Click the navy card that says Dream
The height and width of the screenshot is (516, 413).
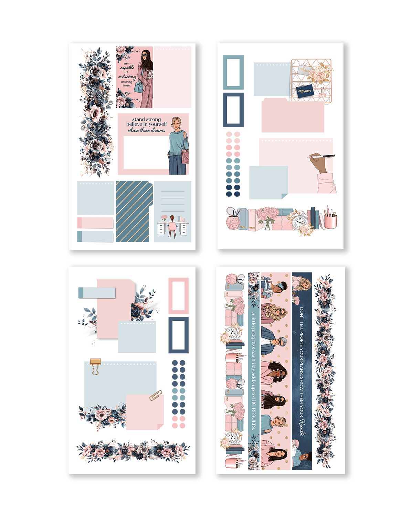point(305,91)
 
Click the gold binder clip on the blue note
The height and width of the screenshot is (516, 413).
point(95,366)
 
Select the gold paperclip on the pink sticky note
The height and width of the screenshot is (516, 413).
point(155,396)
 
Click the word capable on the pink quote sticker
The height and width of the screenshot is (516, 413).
point(127,68)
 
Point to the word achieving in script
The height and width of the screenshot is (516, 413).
point(127,77)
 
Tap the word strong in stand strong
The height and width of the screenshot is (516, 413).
point(153,119)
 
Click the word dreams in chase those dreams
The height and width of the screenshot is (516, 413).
point(158,131)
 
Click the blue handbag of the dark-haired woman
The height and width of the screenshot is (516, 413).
point(139,87)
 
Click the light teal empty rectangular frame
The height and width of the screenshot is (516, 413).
point(233,72)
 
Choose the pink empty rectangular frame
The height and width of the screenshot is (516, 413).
point(178,296)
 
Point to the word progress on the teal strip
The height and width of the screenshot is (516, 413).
point(254,335)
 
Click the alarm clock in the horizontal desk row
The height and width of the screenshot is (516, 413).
point(299,222)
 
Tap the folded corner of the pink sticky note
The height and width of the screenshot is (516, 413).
point(160,427)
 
